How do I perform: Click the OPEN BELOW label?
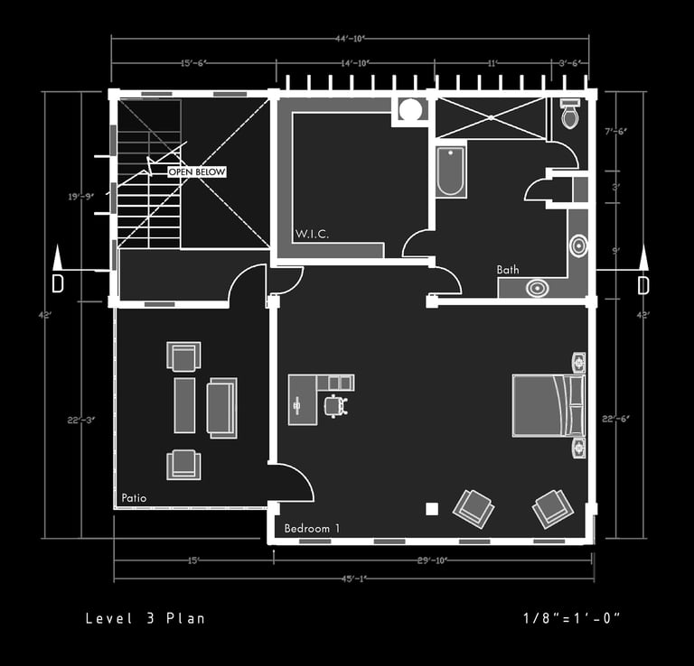click(197, 171)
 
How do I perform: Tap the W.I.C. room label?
click(312, 235)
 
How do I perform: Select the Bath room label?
click(508, 270)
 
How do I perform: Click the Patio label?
click(134, 498)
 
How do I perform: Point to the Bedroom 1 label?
click(312, 528)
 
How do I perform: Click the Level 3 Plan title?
click(145, 618)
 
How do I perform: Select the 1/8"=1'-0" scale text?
click(571, 618)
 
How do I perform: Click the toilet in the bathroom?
click(570, 115)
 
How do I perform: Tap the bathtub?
click(450, 171)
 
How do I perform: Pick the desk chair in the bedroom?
click(336, 406)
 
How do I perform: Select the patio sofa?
click(221, 407)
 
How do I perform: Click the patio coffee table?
click(184, 405)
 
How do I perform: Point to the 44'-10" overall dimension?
click(352, 39)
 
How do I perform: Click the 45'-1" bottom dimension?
click(352, 578)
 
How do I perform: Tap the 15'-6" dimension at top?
click(192, 63)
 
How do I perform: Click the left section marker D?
click(58, 282)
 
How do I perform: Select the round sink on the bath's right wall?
click(577, 245)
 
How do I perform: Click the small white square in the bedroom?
click(432, 509)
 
